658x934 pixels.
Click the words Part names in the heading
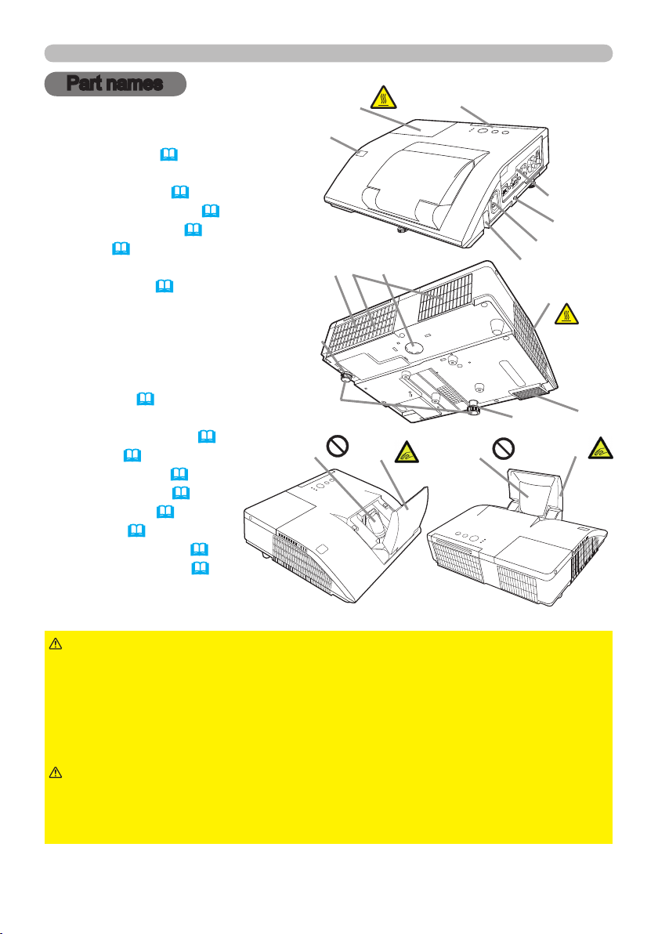(x=114, y=83)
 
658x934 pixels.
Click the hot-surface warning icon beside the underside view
(x=566, y=313)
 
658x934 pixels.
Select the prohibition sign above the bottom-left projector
(x=337, y=447)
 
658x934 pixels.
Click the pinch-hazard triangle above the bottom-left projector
(x=406, y=452)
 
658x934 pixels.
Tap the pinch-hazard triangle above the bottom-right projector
(x=600, y=448)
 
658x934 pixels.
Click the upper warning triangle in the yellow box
(x=56, y=643)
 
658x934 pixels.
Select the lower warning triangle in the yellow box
(x=56, y=773)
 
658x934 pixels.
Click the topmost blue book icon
(x=169, y=155)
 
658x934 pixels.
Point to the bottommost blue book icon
(x=200, y=567)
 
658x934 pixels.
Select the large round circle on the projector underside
(x=413, y=347)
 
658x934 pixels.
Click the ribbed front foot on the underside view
(x=474, y=409)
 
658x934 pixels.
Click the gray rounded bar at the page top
(x=329, y=53)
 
